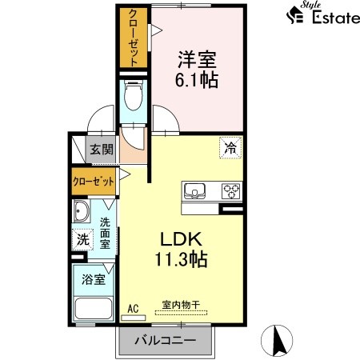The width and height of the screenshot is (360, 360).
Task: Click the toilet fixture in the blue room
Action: [x=134, y=95]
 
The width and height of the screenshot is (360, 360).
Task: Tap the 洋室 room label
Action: [x=197, y=60]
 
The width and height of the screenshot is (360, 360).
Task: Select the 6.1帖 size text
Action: [x=197, y=80]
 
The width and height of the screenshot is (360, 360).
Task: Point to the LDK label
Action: [x=181, y=239]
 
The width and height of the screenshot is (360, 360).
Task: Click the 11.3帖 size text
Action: [x=182, y=259]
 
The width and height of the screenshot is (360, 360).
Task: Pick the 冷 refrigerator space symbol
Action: [x=230, y=148]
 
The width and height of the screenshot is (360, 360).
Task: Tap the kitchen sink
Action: [x=194, y=191]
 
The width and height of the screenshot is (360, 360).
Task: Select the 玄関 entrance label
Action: [x=102, y=150]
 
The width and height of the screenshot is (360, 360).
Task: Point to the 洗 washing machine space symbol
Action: [x=82, y=239]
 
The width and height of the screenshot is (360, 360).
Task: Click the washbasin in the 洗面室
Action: [x=82, y=210]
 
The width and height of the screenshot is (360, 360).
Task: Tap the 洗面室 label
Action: [x=105, y=233]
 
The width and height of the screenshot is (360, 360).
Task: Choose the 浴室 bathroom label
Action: [x=94, y=279]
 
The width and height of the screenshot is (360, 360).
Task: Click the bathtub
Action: [x=94, y=308]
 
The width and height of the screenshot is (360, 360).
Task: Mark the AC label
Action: [x=133, y=309]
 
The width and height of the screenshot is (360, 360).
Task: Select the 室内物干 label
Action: [x=181, y=305]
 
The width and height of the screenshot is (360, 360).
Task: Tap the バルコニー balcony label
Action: [x=166, y=340]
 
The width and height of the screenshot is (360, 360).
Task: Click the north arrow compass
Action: [x=277, y=341]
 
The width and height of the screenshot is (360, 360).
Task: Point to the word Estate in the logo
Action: [x=336, y=18]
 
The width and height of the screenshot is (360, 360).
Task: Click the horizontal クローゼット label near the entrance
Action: [x=94, y=182]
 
